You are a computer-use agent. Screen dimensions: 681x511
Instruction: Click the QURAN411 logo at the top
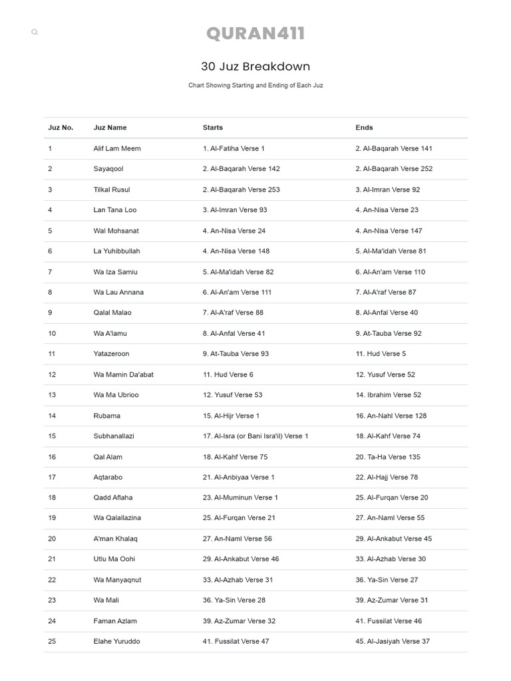click(x=255, y=34)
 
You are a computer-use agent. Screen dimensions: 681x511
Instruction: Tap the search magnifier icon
click(x=35, y=32)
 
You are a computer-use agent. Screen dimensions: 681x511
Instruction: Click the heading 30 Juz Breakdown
click(x=255, y=67)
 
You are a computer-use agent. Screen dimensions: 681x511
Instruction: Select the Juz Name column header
click(x=110, y=128)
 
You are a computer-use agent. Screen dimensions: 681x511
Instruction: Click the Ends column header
click(x=364, y=128)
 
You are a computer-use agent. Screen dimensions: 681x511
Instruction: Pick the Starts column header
click(x=213, y=128)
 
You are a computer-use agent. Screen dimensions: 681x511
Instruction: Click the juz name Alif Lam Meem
click(x=117, y=148)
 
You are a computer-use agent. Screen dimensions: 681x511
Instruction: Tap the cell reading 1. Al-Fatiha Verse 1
click(x=234, y=148)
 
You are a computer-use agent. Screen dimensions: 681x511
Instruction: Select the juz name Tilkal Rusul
click(x=112, y=190)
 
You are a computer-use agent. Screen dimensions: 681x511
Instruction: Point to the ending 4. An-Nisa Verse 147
click(x=389, y=231)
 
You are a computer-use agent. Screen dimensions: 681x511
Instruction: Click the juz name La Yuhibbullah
click(x=116, y=251)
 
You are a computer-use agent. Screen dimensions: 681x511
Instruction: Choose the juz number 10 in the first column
click(x=52, y=333)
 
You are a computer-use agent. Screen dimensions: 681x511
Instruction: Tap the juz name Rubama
click(x=107, y=416)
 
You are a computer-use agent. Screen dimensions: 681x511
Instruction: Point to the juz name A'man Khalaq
click(x=115, y=539)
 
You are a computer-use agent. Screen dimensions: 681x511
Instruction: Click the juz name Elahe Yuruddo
click(x=116, y=641)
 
